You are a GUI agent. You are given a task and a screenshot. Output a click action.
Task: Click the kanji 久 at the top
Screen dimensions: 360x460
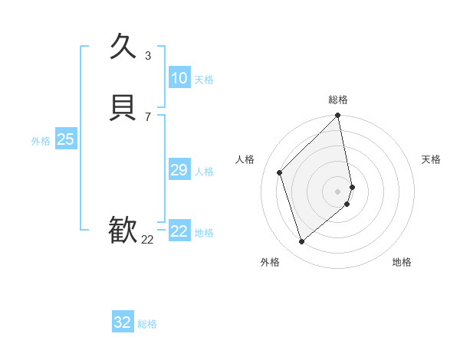[123, 47]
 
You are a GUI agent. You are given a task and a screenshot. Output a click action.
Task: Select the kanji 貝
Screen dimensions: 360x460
[123, 107]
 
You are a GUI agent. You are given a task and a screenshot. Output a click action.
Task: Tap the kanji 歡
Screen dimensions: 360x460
[123, 229]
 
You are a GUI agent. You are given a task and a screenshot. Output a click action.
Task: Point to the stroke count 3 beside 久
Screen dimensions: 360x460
[148, 55]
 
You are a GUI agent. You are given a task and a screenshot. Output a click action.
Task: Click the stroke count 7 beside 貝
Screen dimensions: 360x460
[148, 116]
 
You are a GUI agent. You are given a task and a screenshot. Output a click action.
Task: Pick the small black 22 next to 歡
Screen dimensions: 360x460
[147, 239]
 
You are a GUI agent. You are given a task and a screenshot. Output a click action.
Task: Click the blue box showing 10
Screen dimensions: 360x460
[179, 78]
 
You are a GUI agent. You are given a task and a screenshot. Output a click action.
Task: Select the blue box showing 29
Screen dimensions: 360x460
[179, 170]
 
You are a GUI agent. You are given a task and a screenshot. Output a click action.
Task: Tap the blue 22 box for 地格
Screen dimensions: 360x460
[179, 231]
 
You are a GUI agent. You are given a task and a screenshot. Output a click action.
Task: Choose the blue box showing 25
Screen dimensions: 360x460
[65, 139]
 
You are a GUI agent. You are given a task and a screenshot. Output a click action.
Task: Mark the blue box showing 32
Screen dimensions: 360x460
[123, 322]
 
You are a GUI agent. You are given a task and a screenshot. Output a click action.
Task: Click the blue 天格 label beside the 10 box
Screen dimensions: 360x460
[204, 80]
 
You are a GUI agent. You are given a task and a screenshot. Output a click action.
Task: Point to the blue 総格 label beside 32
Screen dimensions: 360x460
[147, 324]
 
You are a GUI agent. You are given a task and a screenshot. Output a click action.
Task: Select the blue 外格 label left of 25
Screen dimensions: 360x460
[41, 141]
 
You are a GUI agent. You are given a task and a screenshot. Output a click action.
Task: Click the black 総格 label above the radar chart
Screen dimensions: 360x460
[338, 100]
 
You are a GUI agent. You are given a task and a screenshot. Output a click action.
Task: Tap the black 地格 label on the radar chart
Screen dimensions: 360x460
[402, 262]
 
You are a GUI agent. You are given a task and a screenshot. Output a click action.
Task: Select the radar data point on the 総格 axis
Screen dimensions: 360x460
[338, 116]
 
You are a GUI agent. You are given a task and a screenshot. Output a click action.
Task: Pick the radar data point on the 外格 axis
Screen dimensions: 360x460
[302, 241]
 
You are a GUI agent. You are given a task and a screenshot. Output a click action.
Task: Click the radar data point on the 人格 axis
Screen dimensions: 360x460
[280, 172]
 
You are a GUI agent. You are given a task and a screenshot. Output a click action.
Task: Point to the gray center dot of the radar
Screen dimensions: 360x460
[338, 191]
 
